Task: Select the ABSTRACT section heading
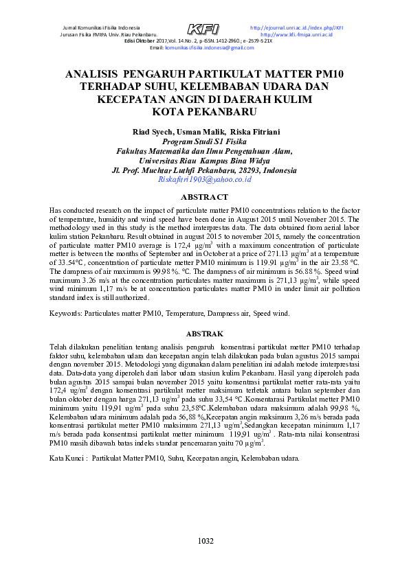204,197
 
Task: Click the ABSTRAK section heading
205,333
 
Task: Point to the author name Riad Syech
153,132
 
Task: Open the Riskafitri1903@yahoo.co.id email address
204,180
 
